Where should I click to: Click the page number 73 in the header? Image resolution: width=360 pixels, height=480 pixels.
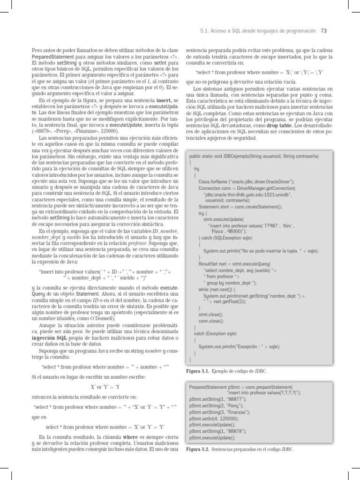click(323, 31)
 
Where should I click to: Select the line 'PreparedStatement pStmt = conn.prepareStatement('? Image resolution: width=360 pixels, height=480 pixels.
click(238, 388)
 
